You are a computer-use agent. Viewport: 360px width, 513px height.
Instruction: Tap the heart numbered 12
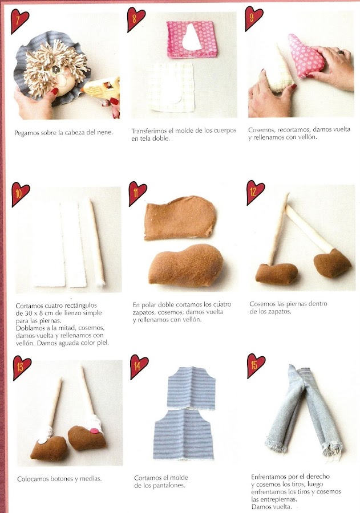point(254,192)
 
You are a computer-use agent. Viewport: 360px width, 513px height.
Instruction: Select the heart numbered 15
point(256,365)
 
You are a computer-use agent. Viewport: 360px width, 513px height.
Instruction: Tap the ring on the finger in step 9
point(341,52)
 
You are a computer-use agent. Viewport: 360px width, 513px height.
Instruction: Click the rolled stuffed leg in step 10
point(96,242)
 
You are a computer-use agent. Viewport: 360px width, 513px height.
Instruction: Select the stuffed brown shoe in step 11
point(185,265)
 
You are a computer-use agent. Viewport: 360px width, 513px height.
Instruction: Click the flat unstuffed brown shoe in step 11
point(180,217)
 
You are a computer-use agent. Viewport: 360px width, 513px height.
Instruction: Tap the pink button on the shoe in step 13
point(94,430)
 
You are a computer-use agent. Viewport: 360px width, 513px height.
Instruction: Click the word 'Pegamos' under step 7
point(26,133)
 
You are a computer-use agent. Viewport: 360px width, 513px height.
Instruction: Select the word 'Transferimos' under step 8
point(149,131)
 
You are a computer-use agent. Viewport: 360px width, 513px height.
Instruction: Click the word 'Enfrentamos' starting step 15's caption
point(269,477)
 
